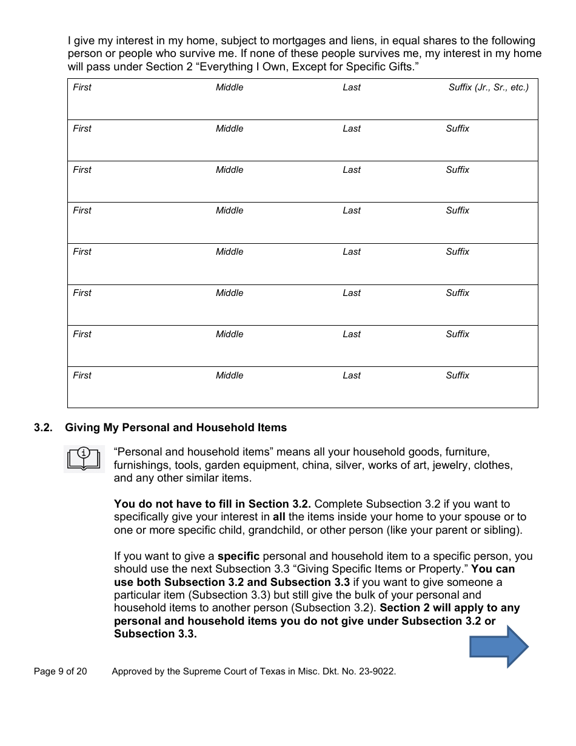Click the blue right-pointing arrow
499,647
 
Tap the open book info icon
84,459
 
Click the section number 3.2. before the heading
43,428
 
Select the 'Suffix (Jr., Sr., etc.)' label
488,87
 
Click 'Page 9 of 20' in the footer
60,671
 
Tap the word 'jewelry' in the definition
444,465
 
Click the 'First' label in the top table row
82,87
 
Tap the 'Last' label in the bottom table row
351,375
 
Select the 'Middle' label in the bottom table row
229,375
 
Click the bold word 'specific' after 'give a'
238,556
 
